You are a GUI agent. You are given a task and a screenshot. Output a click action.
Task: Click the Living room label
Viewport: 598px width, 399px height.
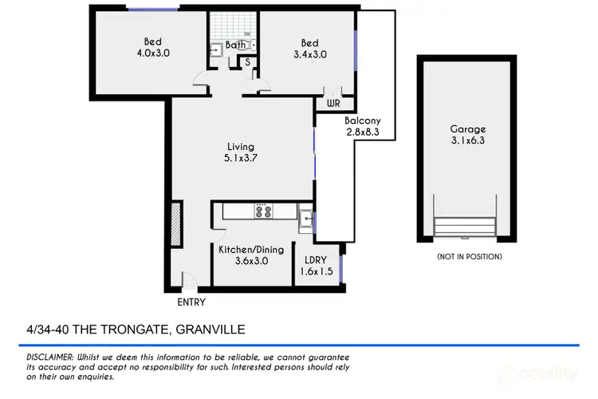[x=239, y=146]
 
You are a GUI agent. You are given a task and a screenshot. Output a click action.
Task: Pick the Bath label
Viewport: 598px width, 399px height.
[x=235, y=45]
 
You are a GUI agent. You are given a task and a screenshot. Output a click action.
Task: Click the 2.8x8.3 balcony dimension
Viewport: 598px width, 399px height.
[x=361, y=133]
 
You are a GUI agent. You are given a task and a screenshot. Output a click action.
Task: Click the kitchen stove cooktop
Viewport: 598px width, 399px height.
[x=263, y=211]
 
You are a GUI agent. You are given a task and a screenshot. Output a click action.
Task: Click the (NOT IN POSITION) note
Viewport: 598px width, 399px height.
[x=468, y=256]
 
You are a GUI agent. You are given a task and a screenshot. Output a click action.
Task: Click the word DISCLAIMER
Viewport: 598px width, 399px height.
[x=45, y=356]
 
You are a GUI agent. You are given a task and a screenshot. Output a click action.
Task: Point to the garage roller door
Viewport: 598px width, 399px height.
[x=467, y=227]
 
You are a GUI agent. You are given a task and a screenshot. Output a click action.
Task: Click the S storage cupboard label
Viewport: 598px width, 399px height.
[x=248, y=61]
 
